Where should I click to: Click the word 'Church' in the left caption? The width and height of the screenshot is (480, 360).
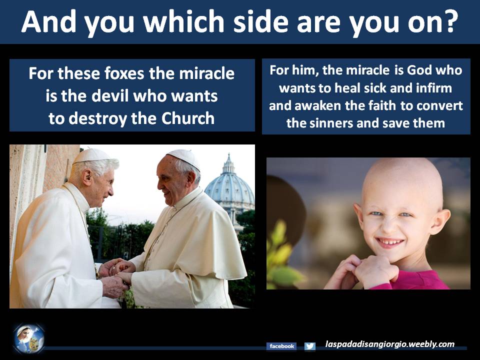tap(188, 118)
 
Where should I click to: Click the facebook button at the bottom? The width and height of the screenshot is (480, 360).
tap(281, 346)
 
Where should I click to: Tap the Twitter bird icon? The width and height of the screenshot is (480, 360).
tap(310, 346)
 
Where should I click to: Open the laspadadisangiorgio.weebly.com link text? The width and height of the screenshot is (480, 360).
tap(389, 344)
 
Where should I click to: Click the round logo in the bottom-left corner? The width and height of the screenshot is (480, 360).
tap(29, 339)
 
